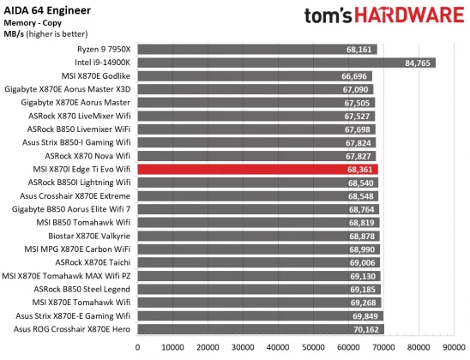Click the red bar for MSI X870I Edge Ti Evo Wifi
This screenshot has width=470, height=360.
(257, 170)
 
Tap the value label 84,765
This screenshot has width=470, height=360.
(419, 63)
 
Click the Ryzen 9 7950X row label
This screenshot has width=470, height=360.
(102, 50)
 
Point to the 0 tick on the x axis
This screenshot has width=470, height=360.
(138, 347)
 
